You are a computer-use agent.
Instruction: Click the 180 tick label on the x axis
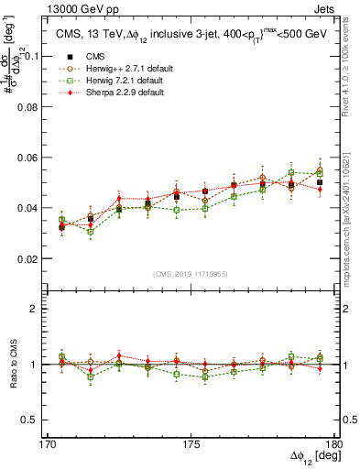click(337, 443)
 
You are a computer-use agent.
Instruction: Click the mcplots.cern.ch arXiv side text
click(353, 215)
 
